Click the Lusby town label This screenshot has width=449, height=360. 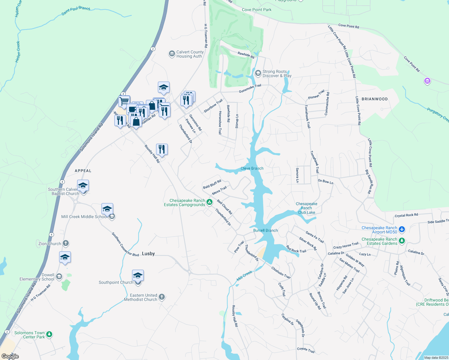pyautogui.click(x=148, y=253)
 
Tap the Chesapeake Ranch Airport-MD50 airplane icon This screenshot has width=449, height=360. pyautogui.click(x=402, y=230)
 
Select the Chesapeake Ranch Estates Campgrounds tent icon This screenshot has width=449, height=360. pyautogui.click(x=210, y=202)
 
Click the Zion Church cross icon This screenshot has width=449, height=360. pyautogui.click(x=66, y=243)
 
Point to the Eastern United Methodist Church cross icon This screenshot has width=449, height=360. pyautogui.click(x=162, y=297)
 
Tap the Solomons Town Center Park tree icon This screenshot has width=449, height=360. pyautogui.click(x=49, y=334)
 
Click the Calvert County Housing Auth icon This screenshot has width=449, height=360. pyautogui.click(x=172, y=54)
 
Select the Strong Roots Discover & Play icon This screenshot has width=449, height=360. pyautogui.click(x=258, y=73)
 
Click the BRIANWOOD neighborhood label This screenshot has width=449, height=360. pyautogui.click(x=375, y=99)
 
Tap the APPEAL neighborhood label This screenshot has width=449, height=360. pyautogui.click(x=83, y=171)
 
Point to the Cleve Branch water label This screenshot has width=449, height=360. pyautogui.click(x=252, y=168)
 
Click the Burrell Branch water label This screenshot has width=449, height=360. pyautogui.click(x=266, y=230)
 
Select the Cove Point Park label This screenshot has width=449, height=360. pyautogui.click(x=257, y=10)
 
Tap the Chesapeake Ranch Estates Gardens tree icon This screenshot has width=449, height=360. pyautogui.click(x=402, y=241)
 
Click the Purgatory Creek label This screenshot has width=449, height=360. pyautogui.click(x=438, y=115)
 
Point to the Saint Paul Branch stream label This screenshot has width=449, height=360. pyautogui.click(x=76, y=10)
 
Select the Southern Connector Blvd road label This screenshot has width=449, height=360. pyautogui.click(x=125, y=244)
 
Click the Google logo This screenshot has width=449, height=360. pyautogui.click(x=10, y=356)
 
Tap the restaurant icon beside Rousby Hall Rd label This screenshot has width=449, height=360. pyautogui.click(x=162, y=149)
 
